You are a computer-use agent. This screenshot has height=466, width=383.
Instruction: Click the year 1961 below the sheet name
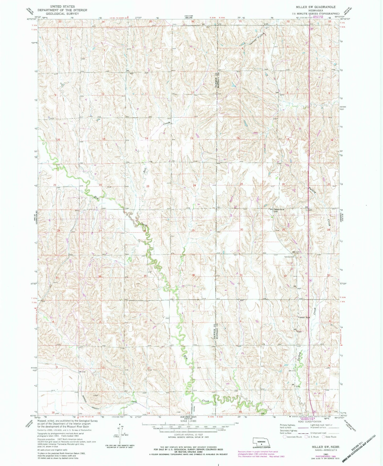[x=317, y=454]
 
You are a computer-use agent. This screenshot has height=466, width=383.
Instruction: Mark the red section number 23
[x=148, y=186]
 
